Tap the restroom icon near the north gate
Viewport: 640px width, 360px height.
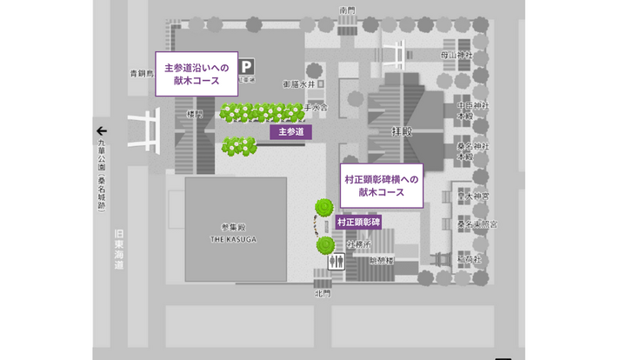tap(335, 261)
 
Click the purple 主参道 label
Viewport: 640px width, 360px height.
tap(290, 132)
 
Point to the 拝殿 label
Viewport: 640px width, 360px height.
tap(402, 131)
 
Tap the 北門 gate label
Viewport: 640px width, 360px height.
tap(323, 293)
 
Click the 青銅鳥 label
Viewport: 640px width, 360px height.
tap(142, 74)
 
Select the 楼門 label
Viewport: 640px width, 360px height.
tap(195, 114)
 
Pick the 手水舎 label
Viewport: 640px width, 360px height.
tap(315, 110)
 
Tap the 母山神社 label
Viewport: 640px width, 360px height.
tap(457, 55)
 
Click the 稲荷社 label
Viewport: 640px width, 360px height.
tap(470, 260)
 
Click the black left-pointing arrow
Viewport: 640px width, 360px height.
tap(102, 130)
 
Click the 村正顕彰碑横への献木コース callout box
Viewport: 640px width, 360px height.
tap(381, 184)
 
